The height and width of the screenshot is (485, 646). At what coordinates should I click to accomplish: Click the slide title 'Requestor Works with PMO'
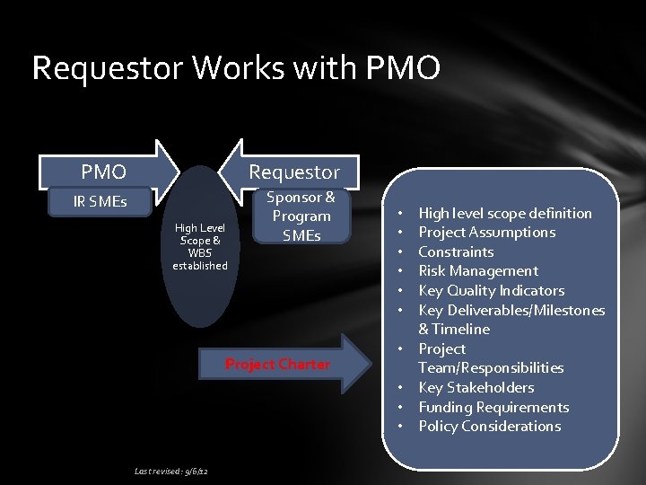pos(236,68)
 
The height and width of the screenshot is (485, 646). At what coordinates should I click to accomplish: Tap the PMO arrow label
pos(103,171)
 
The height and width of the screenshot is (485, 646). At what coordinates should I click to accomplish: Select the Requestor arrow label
pos(293,171)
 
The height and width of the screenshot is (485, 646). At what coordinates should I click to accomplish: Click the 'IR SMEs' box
pos(100,201)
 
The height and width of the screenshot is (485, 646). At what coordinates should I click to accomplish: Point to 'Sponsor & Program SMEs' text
pos(302,216)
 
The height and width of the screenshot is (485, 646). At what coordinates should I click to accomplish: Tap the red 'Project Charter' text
pos(277,364)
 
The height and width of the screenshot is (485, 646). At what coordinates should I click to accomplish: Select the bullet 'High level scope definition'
pos(505,213)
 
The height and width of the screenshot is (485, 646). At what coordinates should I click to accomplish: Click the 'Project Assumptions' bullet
pos(486,233)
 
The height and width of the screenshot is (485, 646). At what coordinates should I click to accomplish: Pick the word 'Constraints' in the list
pos(456,251)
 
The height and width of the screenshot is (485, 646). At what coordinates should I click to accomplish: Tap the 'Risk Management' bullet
pos(478,271)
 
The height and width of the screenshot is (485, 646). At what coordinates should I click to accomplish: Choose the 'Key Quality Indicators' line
pos(491,290)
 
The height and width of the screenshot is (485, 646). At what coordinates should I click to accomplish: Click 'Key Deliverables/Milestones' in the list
pos(511,310)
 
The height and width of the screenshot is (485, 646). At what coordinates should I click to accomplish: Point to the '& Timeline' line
pos(454,329)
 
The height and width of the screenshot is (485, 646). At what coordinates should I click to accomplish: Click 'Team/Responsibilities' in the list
pos(491,367)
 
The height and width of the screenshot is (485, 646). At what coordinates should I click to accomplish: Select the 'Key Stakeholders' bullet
pos(476,387)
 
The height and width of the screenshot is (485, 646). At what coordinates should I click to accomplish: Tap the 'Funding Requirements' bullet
pos(493,407)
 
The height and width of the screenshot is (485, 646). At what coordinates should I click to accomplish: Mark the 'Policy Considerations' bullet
pos(489,426)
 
